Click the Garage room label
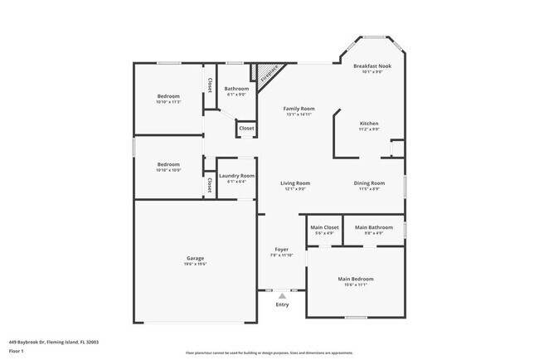195,258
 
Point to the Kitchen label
368,124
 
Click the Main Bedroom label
355,279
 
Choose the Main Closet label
324,227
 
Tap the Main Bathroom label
374,227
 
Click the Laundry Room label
236,176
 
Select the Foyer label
282,249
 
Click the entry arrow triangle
282,294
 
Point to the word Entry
282,304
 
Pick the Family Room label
299,109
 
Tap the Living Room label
294,183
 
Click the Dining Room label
369,183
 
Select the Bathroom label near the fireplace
236,89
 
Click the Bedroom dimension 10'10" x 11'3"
168,102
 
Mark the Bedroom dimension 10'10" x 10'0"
168,170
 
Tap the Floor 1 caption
17,351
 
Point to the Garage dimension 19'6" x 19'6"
195,265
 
